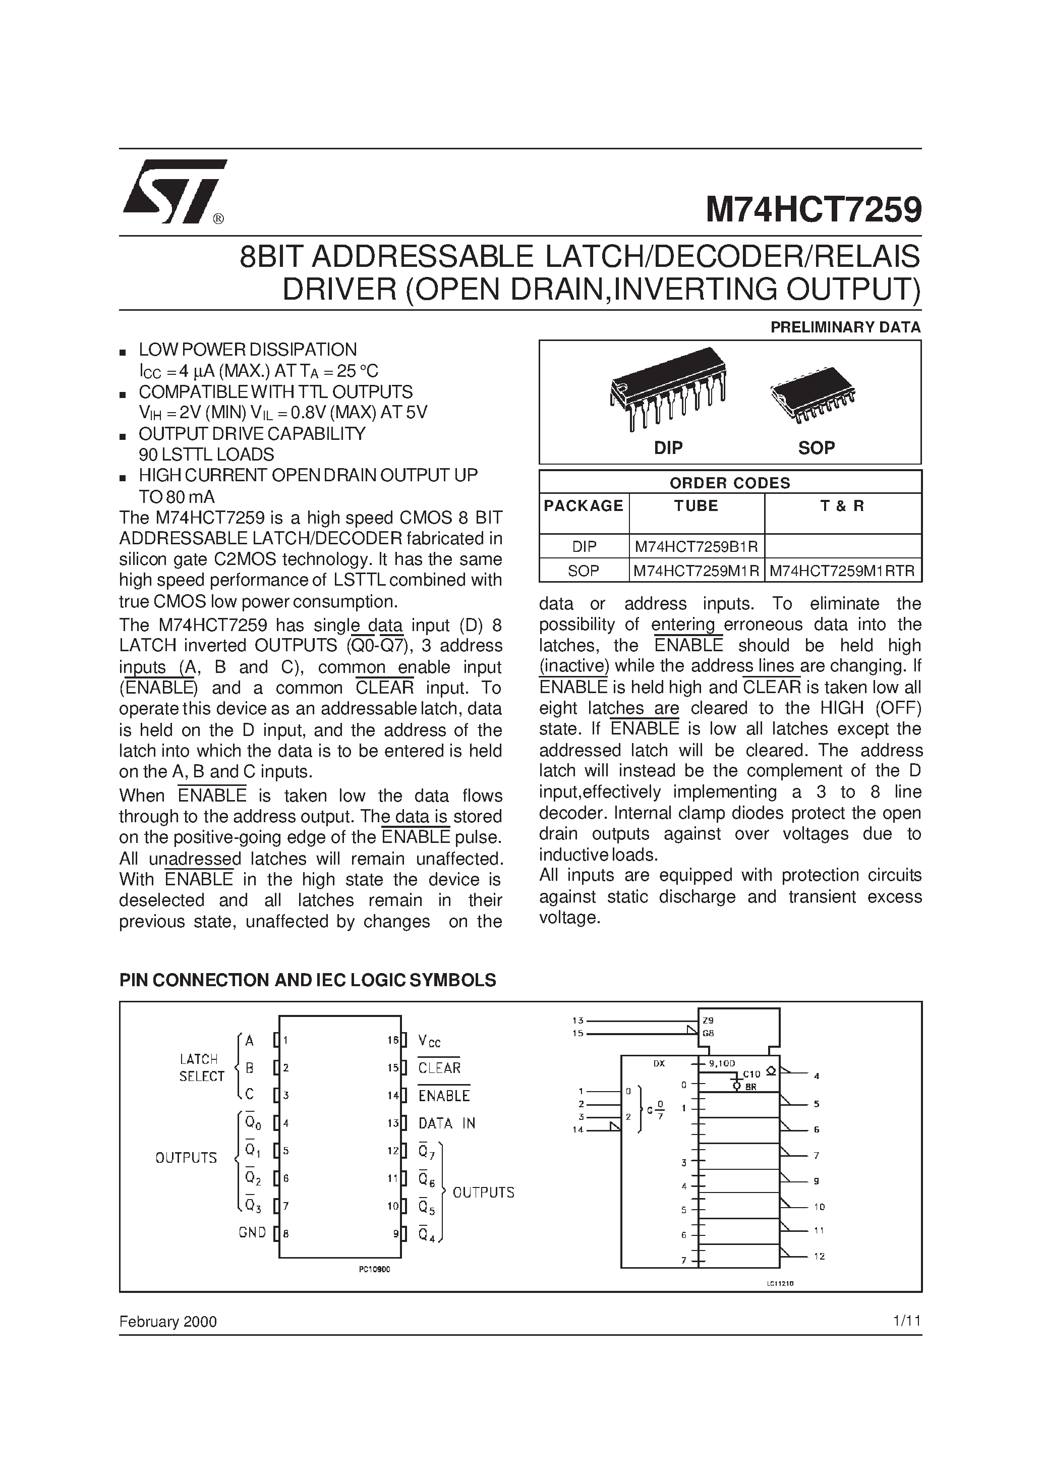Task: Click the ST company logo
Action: point(173,192)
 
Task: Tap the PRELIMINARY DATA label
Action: point(845,327)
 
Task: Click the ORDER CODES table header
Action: point(730,483)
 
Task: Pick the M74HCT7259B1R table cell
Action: point(697,547)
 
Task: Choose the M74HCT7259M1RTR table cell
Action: point(842,571)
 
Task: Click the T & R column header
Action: point(842,506)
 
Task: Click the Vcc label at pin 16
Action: point(429,1041)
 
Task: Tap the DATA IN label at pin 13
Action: point(446,1123)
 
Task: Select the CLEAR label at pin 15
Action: point(439,1068)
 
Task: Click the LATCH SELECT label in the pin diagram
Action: point(202,1068)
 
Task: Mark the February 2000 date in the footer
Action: point(167,1322)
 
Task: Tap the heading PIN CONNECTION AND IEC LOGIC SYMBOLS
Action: point(308,980)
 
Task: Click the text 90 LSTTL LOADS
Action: point(206,454)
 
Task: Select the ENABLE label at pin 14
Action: point(444,1095)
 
